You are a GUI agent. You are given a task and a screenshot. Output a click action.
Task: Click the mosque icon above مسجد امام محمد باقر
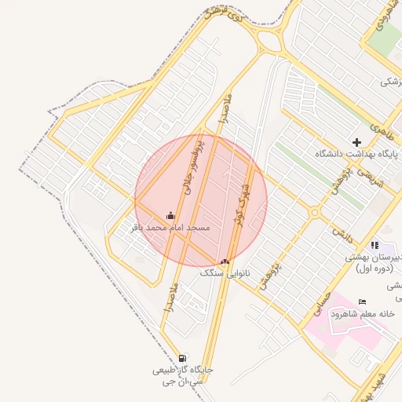click(170, 215)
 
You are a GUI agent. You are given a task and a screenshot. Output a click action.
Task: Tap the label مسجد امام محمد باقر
click(170, 228)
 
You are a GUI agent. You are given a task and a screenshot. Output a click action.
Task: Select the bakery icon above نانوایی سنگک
click(225, 261)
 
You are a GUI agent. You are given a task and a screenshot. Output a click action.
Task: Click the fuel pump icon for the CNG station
click(183, 357)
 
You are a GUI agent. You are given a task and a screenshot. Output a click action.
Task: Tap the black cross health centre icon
click(357, 142)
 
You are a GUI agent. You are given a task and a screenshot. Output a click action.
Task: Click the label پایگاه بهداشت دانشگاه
click(358, 154)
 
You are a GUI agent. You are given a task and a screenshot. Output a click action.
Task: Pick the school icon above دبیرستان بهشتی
click(375, 246)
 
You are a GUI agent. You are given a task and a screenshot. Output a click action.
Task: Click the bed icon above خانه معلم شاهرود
click(362, 302)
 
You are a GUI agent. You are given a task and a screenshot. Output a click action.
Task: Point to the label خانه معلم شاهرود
click(362, 314)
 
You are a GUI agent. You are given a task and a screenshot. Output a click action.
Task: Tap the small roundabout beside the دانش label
click(314, 212)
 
